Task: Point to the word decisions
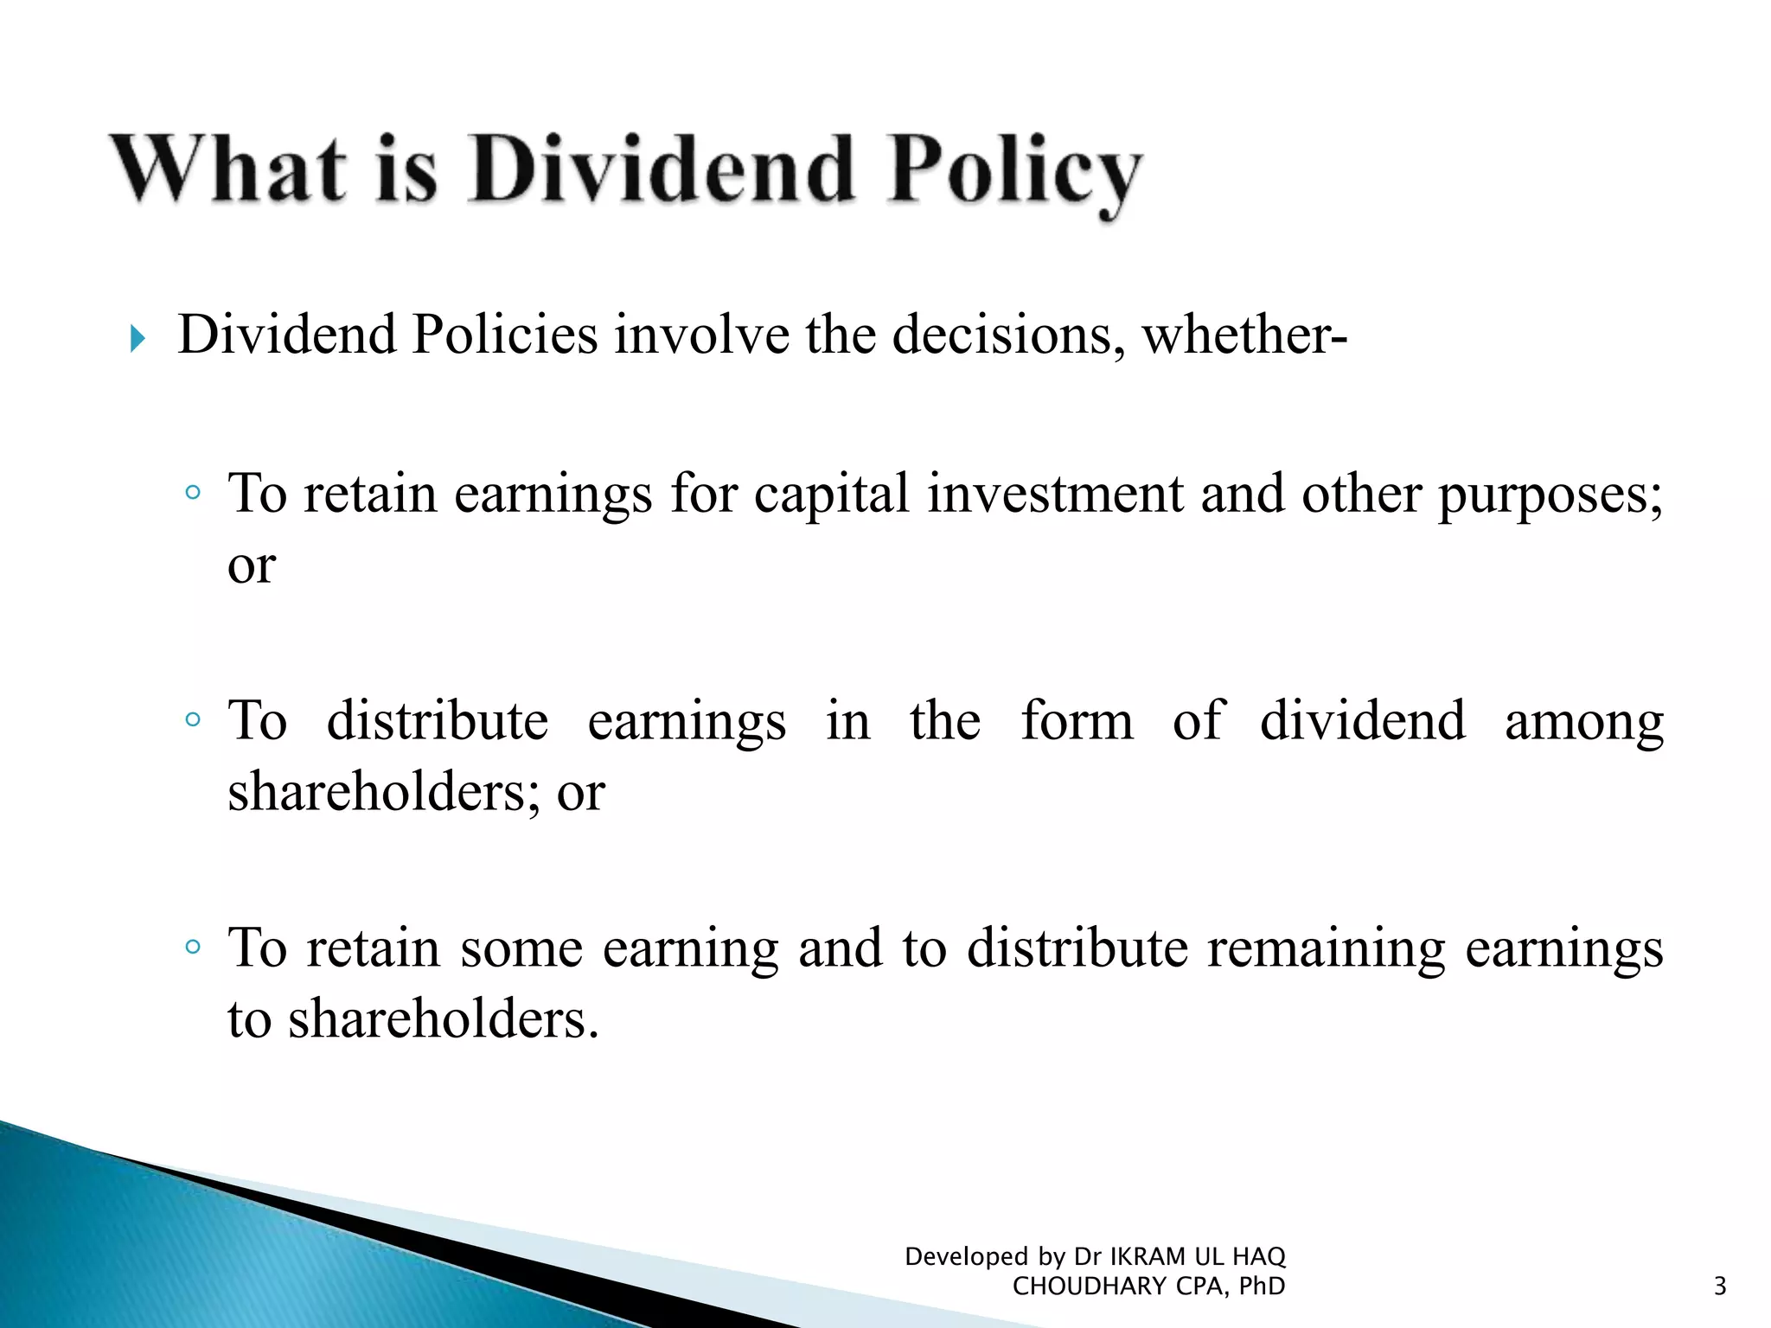[1008, 335]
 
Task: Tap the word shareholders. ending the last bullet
[444, 1019]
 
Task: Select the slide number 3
[1720, 1286]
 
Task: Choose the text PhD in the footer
[1262, 1286]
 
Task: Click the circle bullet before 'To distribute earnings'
[193, 719]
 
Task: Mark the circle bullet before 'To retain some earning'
[193, 947]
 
